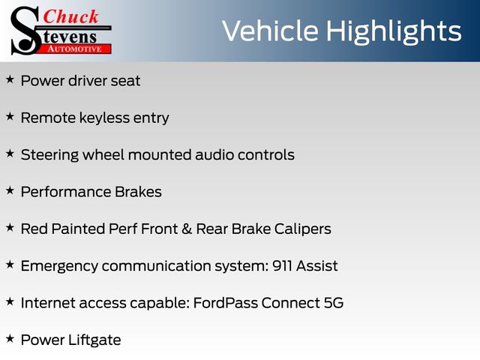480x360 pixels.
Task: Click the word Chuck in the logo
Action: point(70,16)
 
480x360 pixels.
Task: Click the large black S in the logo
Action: point(25,31)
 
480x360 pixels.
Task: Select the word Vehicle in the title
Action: point(270,31)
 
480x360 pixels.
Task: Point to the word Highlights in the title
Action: point(393,32)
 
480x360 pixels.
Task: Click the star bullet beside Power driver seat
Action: point(10,79)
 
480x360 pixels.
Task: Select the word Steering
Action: point(50,155)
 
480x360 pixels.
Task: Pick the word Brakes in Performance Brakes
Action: point(138,192)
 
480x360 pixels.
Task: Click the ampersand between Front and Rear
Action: point(187,229)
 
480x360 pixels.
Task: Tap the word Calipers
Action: point(302,229)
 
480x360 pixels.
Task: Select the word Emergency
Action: point(59,266)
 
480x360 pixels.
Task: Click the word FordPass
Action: point(225,303)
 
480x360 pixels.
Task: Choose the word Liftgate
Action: point(94,340)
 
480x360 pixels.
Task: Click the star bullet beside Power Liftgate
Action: point(10,338)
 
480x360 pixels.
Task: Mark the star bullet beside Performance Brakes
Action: point(10,190)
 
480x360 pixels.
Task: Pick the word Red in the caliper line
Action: point(34,229)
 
